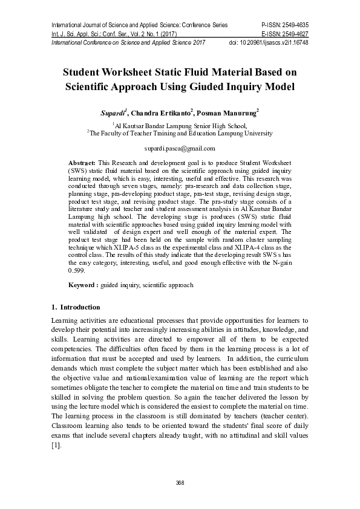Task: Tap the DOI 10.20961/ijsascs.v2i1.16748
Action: click(277, 43)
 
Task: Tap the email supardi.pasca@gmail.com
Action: click(180, 148)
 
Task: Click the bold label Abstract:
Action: click(81, 164)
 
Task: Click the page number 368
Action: click(180, 482)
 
